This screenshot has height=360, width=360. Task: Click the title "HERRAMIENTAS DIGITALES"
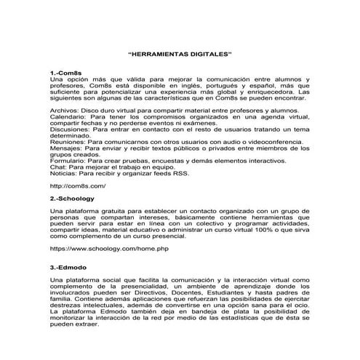179,55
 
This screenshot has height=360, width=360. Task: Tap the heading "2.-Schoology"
71,197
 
